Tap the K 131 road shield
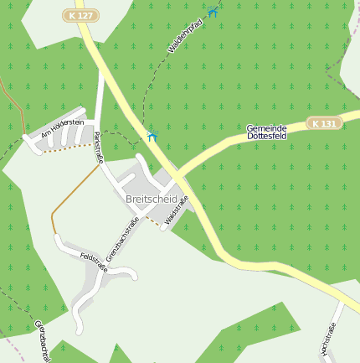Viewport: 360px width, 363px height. point(324,123)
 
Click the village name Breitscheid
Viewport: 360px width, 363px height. point(151,199)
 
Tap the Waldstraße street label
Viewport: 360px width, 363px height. point(177,210)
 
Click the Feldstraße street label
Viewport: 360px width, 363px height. point(94,261)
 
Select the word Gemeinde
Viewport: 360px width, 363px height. point(267,127)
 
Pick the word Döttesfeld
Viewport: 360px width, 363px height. point(267,136)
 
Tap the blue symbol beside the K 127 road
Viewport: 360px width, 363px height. point(152,136)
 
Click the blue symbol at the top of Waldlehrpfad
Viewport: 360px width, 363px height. point(213,12)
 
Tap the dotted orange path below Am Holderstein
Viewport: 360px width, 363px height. point(67,149)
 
